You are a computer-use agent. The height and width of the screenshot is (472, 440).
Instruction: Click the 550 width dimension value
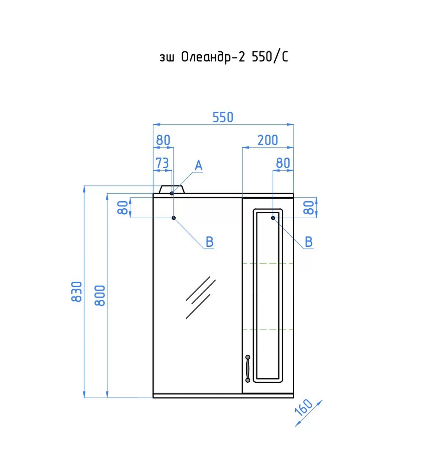tap(223, 117)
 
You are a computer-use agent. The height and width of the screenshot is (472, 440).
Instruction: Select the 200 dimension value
tap(267, 140)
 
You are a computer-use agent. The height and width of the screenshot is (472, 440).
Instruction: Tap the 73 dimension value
tap(162, 163)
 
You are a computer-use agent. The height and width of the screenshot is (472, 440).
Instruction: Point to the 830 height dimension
tap(77, 292)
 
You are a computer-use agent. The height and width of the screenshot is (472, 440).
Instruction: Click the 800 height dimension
tap(100, 296)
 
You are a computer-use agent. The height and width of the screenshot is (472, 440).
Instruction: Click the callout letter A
tap(198, 165)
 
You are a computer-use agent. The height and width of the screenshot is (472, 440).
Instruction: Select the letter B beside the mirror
tap(210, 242)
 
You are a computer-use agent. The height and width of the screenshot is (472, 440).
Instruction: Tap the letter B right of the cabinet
tap(309, 242)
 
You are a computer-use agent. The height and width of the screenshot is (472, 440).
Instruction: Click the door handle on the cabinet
tap(247, 369)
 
